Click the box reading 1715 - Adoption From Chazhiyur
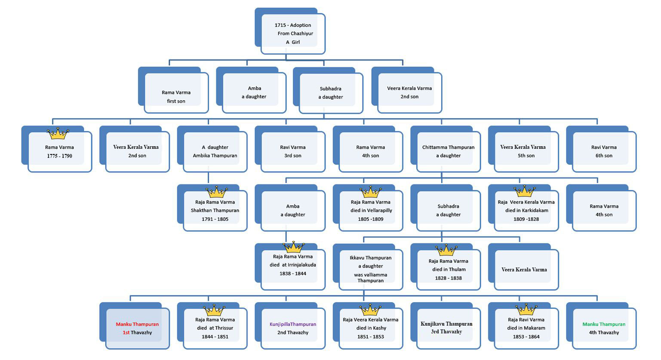[x=290, y=31]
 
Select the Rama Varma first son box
[x=173, y=90]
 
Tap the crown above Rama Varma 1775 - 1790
[x=58, y=133]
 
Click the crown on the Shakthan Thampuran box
[x=217, y=192]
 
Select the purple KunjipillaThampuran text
[x=293, y=324]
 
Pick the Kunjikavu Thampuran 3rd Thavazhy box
[x=446, y=326]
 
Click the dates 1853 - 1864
[x=526, y=337]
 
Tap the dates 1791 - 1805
[x=215, y=219]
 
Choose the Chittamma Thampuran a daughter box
[x=446, y=149]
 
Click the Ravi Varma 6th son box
[x=601, y=149]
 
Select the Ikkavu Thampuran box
[x=368, y=267]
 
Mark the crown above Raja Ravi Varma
[x=526, y=310]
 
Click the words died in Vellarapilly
[x=371, y=210]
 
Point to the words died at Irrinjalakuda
[x=293, y=265]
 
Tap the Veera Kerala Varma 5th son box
[x=523, y=149]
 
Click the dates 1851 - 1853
[x=371, y=337]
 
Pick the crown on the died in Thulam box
[x=446, y=250]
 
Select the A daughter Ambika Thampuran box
[x=212, y=149]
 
